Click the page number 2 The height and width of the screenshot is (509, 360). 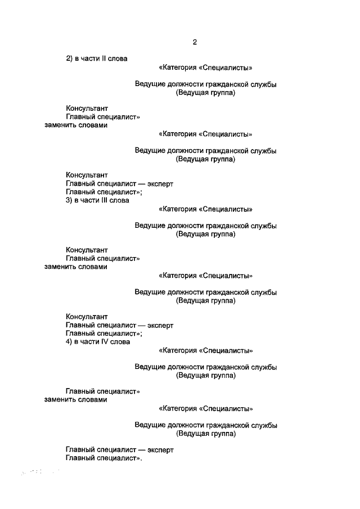click(194, 42)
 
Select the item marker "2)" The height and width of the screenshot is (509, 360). click(69, 58)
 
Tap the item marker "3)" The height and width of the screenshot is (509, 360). click(69, 200)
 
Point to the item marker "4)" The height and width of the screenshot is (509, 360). click(69, 341)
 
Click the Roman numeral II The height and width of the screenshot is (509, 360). click(105, 58)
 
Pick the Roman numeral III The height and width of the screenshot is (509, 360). click(106, 200)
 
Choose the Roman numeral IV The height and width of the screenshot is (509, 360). click(106, 341)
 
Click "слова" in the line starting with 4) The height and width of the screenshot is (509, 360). click(121, 341)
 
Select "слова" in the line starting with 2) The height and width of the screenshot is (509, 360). click(119, 58)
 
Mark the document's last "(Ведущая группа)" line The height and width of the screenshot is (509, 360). click(205, 434)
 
